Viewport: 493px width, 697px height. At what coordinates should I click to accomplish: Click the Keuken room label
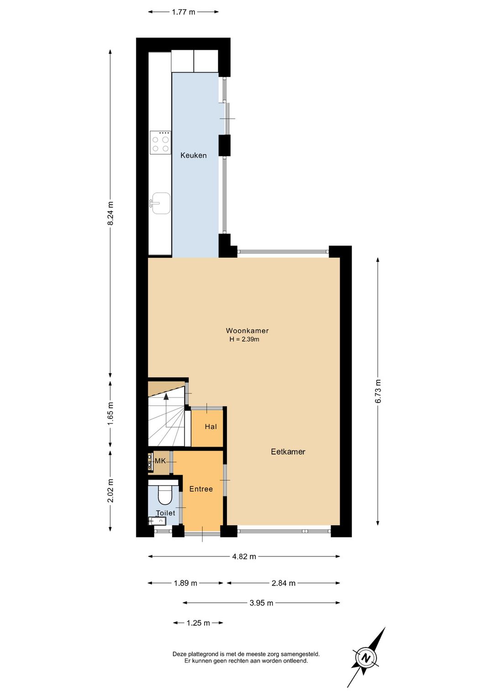click(194, 155)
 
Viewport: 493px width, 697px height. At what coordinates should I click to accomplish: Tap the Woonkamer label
click(247, 330)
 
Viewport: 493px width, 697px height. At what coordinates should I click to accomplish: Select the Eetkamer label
click(288, 451)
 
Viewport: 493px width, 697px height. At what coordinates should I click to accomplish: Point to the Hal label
click(210, 427)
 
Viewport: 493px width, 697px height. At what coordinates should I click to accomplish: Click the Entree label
click(201, 489)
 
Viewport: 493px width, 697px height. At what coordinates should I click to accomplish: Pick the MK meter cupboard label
click(160, 461)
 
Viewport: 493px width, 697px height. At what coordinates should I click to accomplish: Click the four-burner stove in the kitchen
click(161, 143)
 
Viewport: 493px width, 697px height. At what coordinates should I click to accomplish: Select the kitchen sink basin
click(161, 203)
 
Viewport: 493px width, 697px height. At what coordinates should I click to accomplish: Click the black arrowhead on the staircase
click(166, 396)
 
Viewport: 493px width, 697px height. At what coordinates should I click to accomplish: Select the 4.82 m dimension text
click(244, 557)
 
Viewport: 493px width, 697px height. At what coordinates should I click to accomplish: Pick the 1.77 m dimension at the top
click(184, 12)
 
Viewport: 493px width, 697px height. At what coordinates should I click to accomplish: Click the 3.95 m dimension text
click(261, 603)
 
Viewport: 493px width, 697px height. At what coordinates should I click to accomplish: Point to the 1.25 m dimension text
click(198, 623)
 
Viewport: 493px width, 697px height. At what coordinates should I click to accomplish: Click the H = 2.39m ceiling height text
click(244, 339)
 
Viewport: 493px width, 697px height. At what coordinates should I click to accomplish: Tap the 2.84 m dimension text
click(283, 583)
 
